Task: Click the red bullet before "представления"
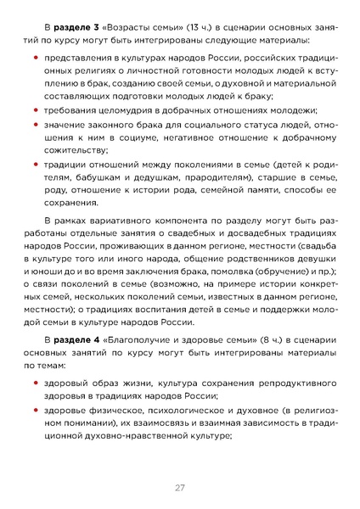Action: coord(35,58)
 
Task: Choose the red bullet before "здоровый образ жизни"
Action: coord(35,383)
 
